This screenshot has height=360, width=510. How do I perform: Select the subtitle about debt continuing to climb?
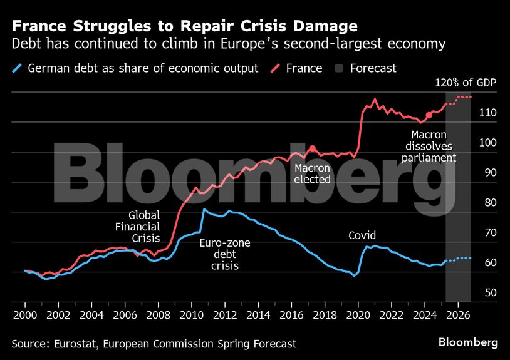click(229, 44)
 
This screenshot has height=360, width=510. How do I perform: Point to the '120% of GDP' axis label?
click(466, 83)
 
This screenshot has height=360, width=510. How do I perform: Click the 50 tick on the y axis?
click(490, 292)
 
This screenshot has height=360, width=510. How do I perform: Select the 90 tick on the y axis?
click(490, 173)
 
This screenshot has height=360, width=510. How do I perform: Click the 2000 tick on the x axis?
click(25, 314)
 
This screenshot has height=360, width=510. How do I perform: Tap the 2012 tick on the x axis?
click(224, 314)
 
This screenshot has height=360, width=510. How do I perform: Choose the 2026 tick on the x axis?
click(457, 314)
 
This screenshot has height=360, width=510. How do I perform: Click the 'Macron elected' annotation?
click(312, 173)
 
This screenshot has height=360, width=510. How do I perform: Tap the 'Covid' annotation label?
click(362, 236)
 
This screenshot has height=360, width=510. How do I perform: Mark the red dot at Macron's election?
click(312, 148)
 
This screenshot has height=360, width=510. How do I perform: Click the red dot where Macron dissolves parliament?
click(429, 115)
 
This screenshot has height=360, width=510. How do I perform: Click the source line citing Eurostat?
click(154, 344)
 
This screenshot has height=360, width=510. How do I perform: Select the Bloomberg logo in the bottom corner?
click(467, 342)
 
